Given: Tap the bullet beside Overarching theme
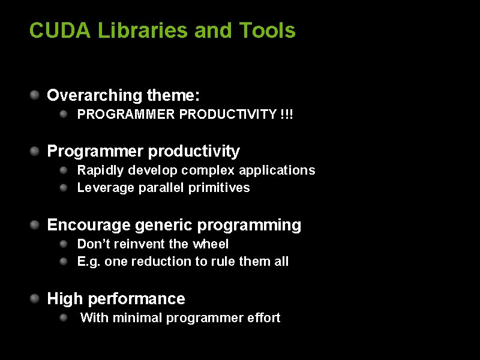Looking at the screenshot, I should pos(36,94).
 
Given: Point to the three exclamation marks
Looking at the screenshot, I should pos(287,114).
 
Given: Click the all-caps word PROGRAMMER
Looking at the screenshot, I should pos(127,114).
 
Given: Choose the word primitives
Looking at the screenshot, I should pos(219,188).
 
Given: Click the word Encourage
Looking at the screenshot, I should pos(89,225).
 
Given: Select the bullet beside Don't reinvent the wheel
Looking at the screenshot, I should pos(63,243).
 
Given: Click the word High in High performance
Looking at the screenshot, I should pos(63,299).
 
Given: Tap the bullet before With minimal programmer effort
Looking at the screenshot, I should pos(63,317).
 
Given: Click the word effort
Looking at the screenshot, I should pos(263,318).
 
